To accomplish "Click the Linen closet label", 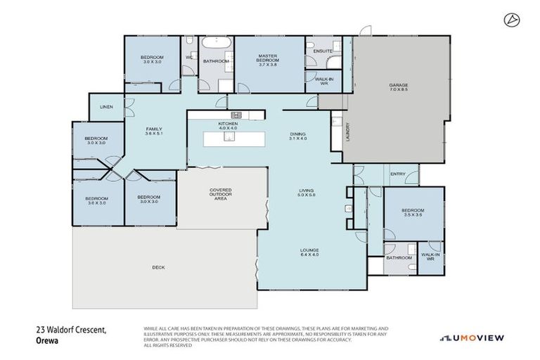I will [106, 107].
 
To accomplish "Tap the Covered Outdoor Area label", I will [221, 193].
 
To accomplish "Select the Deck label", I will [159, 267].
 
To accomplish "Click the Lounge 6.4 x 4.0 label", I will [309, 252].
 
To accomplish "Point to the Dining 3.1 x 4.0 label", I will [298, 136].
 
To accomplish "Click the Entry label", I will [398, 174].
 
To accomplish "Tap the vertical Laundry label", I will [347, 133].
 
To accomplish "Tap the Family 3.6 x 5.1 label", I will [154, 131].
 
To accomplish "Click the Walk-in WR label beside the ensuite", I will [324, 82].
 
